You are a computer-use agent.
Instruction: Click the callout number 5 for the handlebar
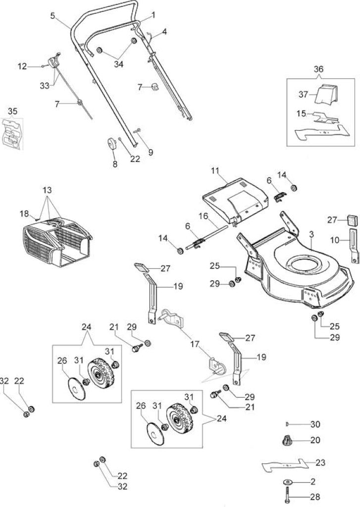coord(52,15)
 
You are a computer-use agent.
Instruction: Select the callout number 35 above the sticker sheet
coord(12,111)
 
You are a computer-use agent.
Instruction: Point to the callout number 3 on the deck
coord(311,235)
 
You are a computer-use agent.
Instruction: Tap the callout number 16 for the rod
coord(203,216)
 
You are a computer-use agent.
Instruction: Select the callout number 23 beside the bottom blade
coord(320,463)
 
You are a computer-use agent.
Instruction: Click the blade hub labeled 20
coord(286,440)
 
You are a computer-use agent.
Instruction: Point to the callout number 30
coord(315,424)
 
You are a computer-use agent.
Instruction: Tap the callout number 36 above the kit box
coord(318,69)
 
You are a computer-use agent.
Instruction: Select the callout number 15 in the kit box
coord(301,114)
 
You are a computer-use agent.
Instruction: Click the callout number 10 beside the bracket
coord(335,240)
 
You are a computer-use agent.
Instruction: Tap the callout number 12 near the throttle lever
coord(22,67)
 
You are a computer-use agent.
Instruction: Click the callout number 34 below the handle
coord(119,64)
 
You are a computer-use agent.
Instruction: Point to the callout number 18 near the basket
coord(24,213)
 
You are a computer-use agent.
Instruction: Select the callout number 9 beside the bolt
coord(151,152)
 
